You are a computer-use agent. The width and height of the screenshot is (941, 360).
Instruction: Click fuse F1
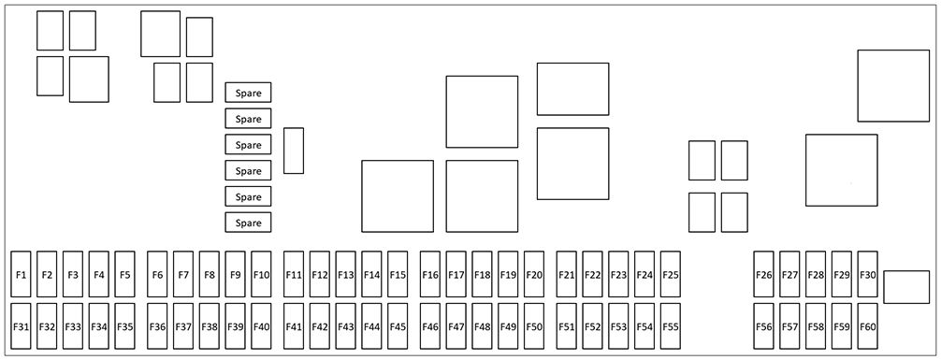[21, 275]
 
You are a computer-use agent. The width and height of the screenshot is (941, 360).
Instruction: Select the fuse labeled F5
[125, 275]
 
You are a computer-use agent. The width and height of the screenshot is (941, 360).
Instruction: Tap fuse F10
[261, 275]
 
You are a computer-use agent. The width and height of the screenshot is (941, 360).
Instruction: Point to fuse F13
[346, 275]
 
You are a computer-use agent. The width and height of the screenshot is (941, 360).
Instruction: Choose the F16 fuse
[430, 275]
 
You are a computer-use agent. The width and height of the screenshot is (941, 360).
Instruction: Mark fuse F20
[534, 275]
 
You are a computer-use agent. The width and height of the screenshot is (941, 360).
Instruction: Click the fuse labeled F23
[618, 275]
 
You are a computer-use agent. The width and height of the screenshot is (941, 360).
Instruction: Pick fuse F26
[764, 275]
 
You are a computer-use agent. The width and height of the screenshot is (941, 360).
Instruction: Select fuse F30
[868, 275]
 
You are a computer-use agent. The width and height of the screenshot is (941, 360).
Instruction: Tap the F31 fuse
[21, 327]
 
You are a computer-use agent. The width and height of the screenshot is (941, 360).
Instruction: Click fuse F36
[157, 327]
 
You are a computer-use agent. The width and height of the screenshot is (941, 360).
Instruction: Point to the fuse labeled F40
[261, 327]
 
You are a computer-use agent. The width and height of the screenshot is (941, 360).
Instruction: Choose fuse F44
[371, 327]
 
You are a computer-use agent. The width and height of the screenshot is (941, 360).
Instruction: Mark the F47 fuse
[456, 327]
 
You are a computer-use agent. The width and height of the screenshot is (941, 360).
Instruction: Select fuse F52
[592, 327]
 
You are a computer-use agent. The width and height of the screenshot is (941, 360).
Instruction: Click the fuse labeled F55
[670, 327]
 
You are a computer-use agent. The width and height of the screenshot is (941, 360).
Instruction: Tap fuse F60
[868, 327]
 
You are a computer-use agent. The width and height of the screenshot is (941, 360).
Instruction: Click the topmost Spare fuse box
[248, 93]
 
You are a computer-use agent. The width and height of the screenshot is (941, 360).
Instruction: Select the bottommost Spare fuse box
[248, 223]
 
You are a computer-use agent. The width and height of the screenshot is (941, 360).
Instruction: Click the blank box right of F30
[906, 287]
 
